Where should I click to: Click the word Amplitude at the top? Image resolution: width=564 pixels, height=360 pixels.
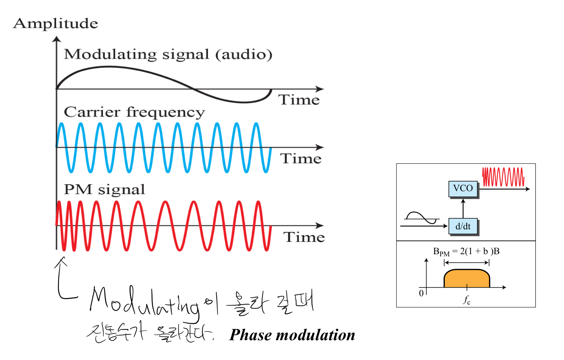55,24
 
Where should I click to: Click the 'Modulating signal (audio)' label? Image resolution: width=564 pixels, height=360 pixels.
168,54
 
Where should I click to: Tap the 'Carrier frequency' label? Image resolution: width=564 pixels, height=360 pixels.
134,112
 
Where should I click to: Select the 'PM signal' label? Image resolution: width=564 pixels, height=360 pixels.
104,189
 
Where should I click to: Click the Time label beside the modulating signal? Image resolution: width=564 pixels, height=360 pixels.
299,100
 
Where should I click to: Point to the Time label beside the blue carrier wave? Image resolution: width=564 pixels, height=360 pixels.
301,158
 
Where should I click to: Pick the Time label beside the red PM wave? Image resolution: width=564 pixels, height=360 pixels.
304,237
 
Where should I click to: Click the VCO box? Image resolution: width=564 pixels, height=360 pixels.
463,188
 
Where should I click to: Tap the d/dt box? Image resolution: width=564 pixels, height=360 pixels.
463,226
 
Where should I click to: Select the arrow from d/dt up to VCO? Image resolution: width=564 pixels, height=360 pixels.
463,208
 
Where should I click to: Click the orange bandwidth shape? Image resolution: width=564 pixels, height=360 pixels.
467,279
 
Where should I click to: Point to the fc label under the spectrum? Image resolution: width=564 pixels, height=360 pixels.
467,300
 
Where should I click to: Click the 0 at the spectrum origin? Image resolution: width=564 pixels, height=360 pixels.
421,293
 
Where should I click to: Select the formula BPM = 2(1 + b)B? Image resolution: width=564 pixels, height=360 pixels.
466,252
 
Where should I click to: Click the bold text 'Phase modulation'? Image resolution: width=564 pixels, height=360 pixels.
292,335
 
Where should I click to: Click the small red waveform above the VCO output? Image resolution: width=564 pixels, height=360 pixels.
503,177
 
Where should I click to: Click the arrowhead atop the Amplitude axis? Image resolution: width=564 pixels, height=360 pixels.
57,39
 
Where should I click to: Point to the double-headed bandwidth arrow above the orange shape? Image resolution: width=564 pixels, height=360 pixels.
467,263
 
